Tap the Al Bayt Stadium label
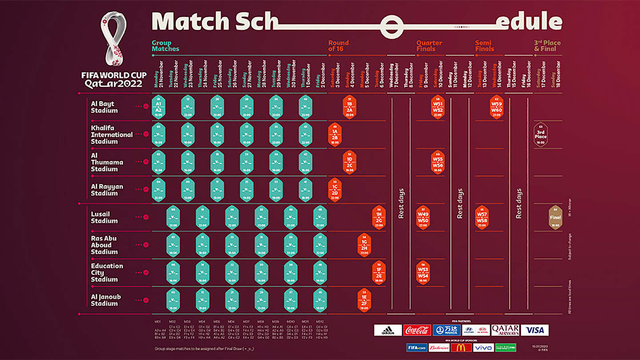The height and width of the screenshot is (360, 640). (104, 107)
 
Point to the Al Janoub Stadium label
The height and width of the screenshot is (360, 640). (106, 300)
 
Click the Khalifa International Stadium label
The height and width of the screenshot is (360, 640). (112, 135)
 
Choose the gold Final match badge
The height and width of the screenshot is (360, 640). (555, 217)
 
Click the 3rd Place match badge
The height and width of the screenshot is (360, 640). (540, 135)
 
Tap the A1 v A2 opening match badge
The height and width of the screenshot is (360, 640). (158, 107)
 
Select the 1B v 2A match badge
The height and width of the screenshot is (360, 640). (349, 107)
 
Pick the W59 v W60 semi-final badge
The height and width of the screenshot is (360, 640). (496, 107)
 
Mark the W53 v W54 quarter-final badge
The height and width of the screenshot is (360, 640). (423, 272)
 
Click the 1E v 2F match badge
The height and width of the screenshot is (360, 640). (364, 300)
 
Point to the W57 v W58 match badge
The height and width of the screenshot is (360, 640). (482, 217)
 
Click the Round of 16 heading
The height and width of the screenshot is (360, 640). (338, 46)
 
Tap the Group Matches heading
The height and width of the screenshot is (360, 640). (165, 46)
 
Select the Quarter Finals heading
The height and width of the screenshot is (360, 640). (429, 46)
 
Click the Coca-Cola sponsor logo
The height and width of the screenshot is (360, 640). (417, 330)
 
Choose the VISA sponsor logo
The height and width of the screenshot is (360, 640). (535, 330)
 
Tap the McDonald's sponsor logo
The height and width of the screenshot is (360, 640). (461, 348)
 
